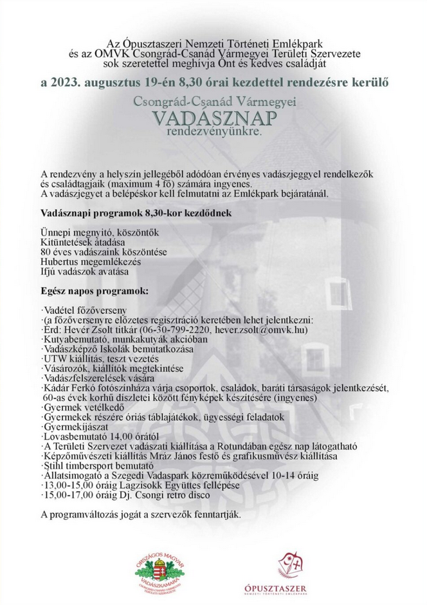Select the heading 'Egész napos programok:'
[x=94, y=291]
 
